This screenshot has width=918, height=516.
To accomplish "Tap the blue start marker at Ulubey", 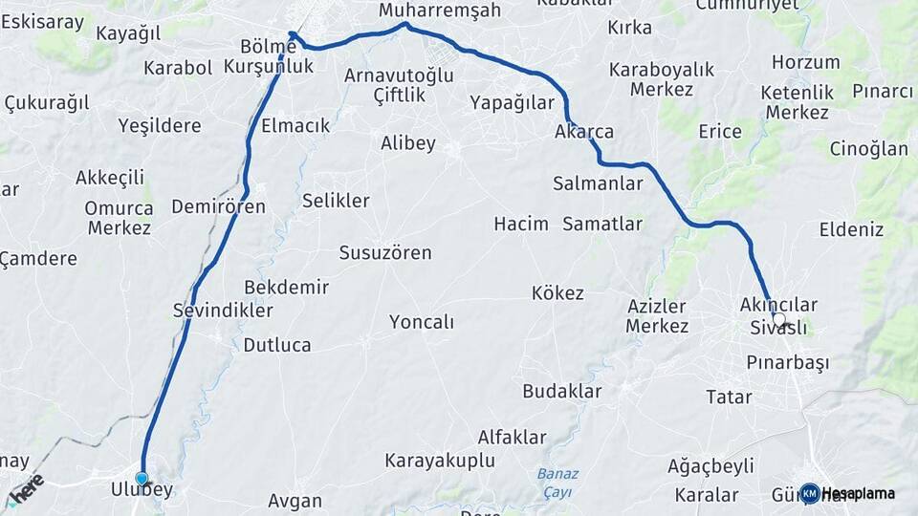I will [x=142, y=478].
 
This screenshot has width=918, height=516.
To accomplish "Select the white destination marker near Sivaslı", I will [x=778, y=320].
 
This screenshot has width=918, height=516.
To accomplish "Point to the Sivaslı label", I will [x=778, y=329].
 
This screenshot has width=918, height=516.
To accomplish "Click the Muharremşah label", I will [x=440, y=11].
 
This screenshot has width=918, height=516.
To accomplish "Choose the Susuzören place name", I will [x=385, y=253].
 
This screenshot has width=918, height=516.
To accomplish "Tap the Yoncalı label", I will [x=422, y=322].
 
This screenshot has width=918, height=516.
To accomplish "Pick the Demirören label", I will [x=218, y=206].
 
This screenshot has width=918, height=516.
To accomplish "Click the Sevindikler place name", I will [x=223, y=311].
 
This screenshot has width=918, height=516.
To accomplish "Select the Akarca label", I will [x=584, y=132].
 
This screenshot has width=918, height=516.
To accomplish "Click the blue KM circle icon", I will [x=809, y=493].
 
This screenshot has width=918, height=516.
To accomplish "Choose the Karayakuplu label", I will [x=440, y=461].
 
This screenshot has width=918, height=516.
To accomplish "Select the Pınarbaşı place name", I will [x=787, y=363].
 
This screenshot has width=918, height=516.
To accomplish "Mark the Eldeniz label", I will [x=851, y=229].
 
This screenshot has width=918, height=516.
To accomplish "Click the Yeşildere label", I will [x=160, y=125].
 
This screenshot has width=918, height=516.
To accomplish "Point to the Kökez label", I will [x=557, y=293].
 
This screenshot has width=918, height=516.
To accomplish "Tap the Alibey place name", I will [x=408, y=143].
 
